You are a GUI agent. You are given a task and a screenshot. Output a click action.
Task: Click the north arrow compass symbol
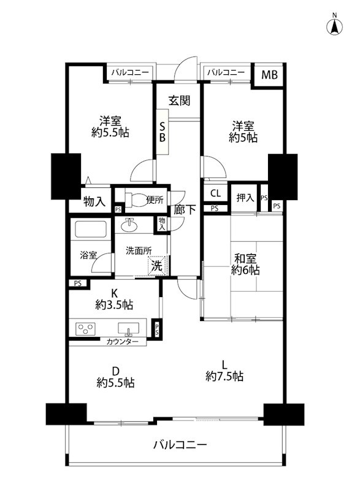pyautogui.click(x=335, y=26)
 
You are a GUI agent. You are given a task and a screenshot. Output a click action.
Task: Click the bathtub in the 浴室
pyautogui.click(x=90, y=231)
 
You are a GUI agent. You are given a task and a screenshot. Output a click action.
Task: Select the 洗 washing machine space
pyautogui.click(x=157, y=266)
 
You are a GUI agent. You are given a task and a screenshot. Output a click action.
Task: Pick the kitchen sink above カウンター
pyautogui.click(x=129, y=327)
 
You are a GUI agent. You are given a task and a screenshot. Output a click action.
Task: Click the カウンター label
pyautogui.click(x=122, y=341)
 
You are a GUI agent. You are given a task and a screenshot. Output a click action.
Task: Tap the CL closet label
pyautogui.click(x=215, y=193)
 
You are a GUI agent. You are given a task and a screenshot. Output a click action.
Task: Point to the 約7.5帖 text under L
pyautogui.click(x=224, y=376)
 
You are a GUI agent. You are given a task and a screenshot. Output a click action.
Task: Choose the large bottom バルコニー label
pyautogui.click(x=180, y=445)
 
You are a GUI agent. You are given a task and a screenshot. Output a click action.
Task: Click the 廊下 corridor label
pyautogui.click(x=185, y=210)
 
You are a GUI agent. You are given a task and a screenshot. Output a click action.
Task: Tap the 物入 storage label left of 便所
pyautogui.click(x=95, y=201)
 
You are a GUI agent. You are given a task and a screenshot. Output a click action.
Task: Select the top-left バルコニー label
pyautogui.click(x=130, y=73)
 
